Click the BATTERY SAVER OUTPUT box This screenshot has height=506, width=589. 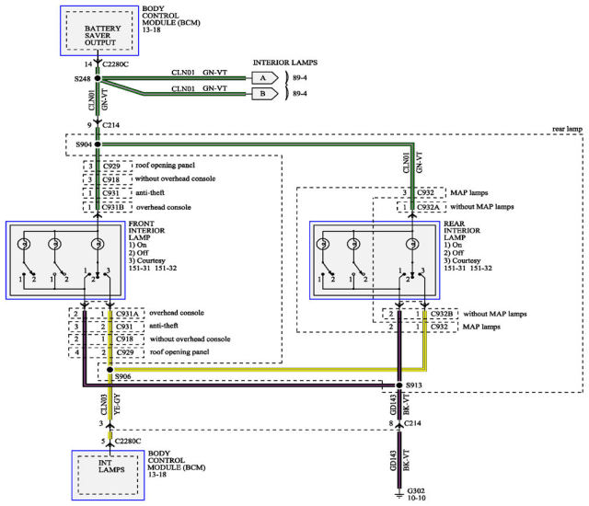coord(97,30)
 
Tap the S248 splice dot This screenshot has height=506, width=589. coord(97,79)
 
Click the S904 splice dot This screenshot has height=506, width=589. coord(97,144)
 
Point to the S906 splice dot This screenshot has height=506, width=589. coord(110,372)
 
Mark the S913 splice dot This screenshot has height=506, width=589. coord(398,384)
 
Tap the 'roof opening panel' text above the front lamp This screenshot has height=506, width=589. coord(170,166)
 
